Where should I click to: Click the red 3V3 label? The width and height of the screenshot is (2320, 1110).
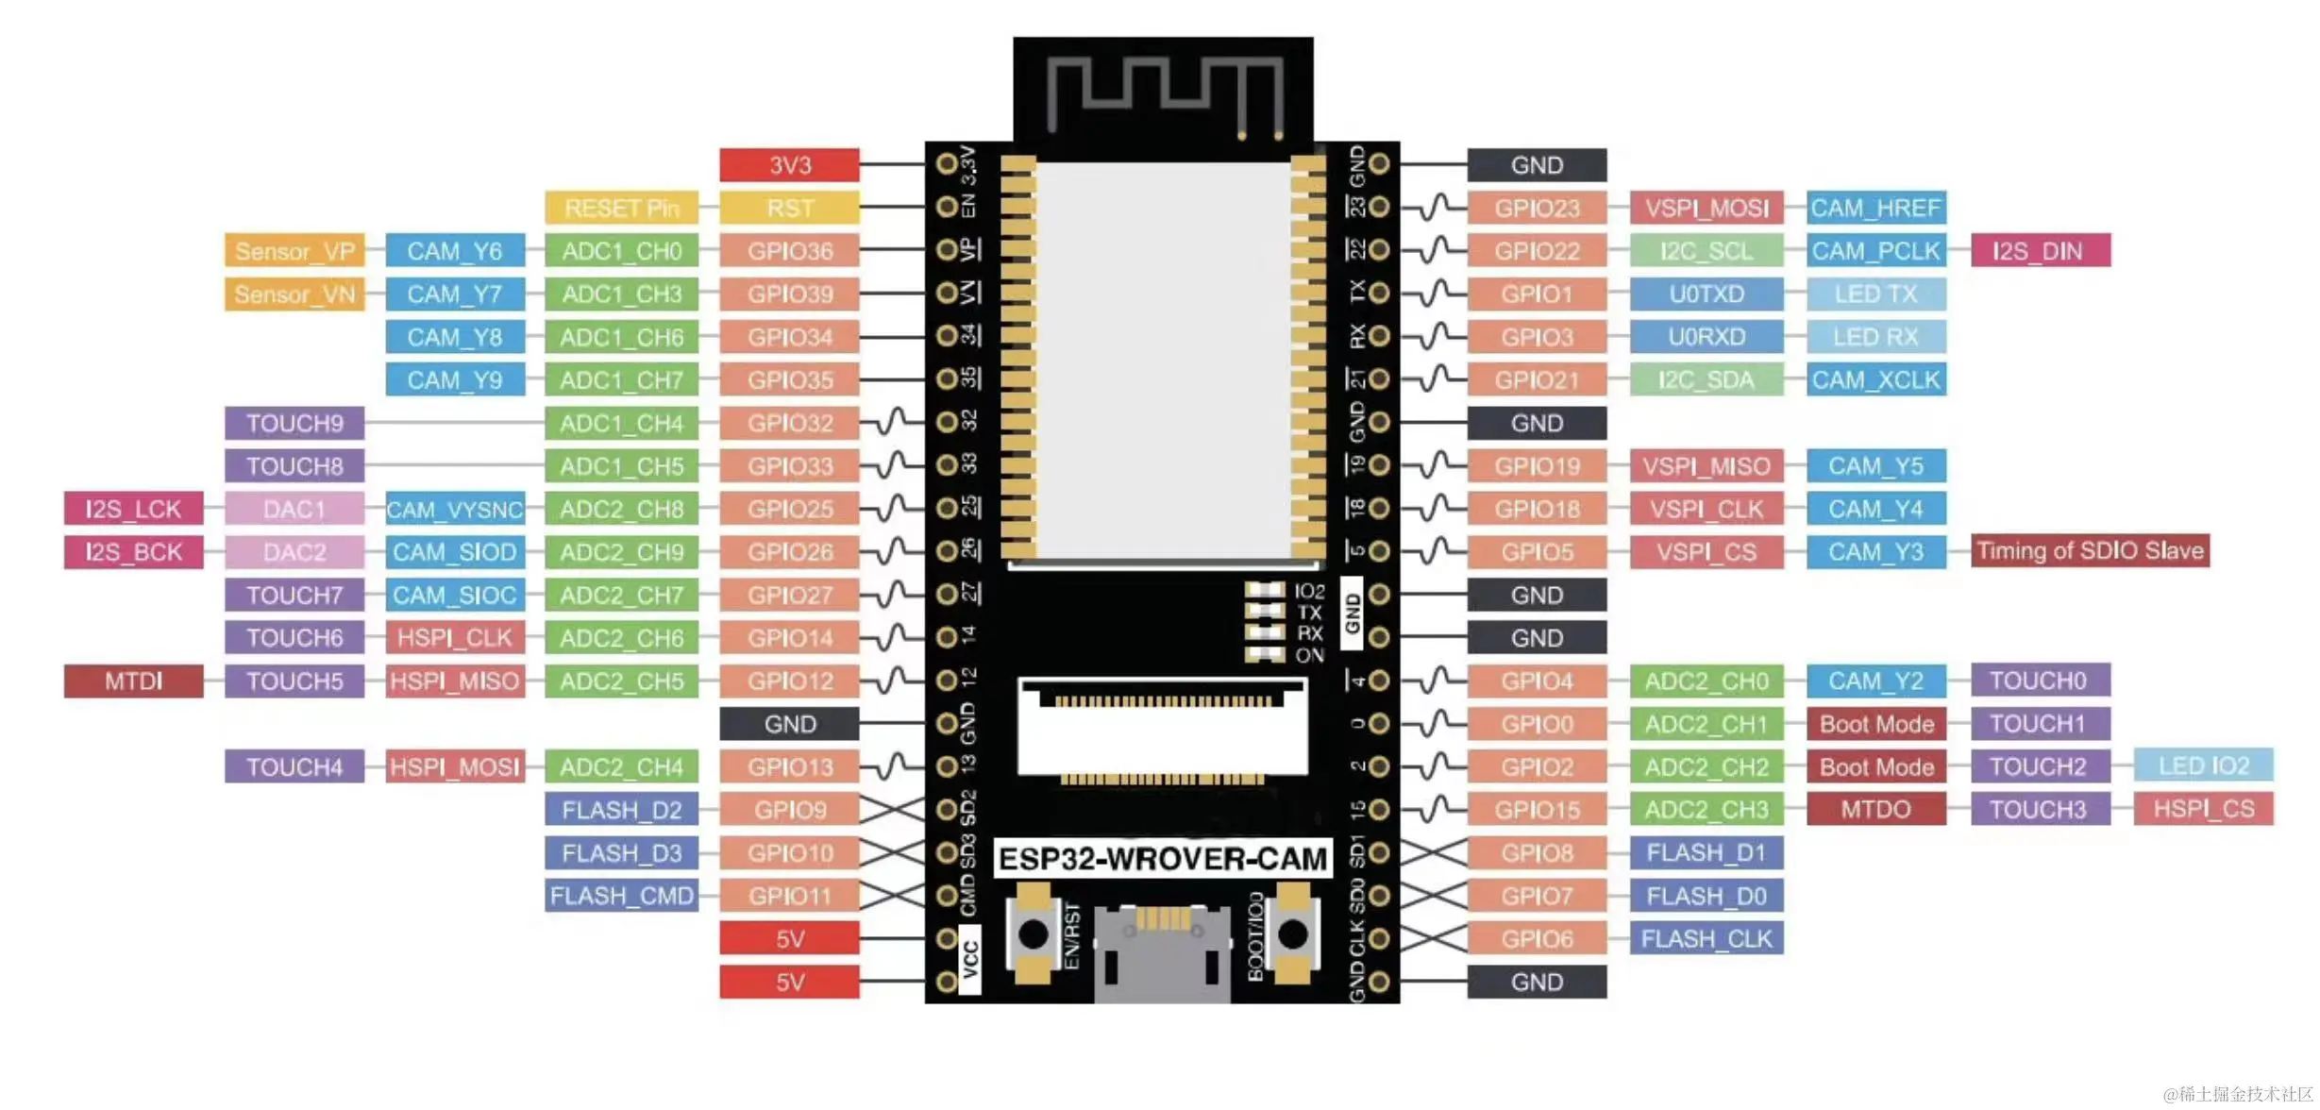tap(789, 165)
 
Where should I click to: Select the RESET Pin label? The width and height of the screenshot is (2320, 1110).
tap(621, 208)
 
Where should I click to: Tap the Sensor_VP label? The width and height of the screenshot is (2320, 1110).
tap(294, 251)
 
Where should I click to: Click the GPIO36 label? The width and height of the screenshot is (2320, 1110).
tap(789, 251)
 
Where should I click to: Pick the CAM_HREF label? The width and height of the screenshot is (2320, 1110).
tap(1875, 208)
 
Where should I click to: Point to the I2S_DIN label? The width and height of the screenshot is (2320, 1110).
tap(2040, 251)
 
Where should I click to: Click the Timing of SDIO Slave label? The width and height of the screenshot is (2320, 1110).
tap(2090, 551)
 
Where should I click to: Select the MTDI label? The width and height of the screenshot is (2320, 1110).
tap(133, 681)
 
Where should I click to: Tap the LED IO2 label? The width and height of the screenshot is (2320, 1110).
tap(2203, 765)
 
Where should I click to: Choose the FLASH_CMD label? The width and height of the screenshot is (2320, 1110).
tap(621, 896)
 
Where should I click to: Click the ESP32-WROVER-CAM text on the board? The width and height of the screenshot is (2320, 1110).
tap(1162, 859)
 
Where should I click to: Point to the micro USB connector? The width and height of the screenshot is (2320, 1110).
tap(1162, 949)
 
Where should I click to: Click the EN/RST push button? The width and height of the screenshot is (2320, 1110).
tap(1033, 933)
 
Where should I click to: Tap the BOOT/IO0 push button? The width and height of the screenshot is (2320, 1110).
tap(1292, 933)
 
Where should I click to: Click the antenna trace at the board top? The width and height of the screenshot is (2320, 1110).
tap(1164, 90)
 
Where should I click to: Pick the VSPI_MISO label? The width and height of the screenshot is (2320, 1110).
tap(1706, 466)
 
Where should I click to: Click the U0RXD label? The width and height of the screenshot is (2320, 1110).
tap(1706, 337)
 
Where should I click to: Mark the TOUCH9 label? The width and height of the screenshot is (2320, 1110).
tap(294, 423)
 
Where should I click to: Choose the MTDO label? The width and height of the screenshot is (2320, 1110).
tap(1875, 809)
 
